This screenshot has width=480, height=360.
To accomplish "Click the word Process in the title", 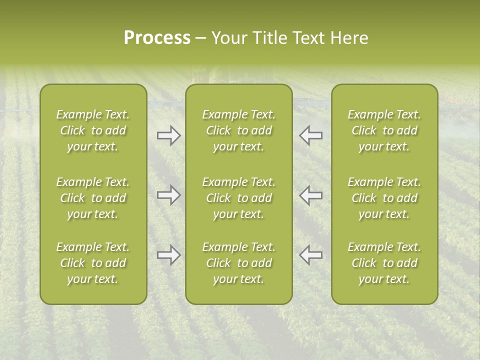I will pyautogui.click(x=157, y=38).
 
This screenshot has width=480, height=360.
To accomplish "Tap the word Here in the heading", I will pyautogui.click(x=348, y=38).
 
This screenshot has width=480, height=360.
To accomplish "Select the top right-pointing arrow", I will pyautogui.click(x=168, y=135).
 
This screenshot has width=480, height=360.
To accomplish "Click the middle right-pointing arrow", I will pyautogui.click(x=168, y=195).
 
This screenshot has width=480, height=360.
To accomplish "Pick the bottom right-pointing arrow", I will pyautogui.click(x=168, y=255).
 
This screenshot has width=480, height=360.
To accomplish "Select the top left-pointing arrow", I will pyautogui.click(x=311, y=135).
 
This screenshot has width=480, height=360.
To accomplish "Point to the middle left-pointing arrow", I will pyautogui.click(x=311, y=195).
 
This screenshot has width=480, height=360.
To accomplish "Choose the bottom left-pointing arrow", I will pyautogui.click(x=311, y=255).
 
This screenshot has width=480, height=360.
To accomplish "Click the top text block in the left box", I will pyautogui.click(x=93, y=130).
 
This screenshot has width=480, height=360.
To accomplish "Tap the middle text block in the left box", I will pyautogui.click(x=93, y=198).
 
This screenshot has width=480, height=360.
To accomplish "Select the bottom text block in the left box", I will pyautogui.click(x=93, y=263).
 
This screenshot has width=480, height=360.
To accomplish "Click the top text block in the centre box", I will pyautogui.click(x=238, y=130).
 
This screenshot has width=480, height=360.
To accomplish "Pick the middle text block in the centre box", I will pyautogui.click(x=238, y=198).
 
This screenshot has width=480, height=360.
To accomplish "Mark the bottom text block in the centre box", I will pyautogui.click(x=238, y=263).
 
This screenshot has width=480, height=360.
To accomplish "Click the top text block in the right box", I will pyautogui.click(x=384, y=130).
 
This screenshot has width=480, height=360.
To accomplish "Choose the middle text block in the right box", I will pyautogui.click(x=384, y=198).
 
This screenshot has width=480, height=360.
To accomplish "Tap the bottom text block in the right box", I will pyautogui.click(x=384, y=263).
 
